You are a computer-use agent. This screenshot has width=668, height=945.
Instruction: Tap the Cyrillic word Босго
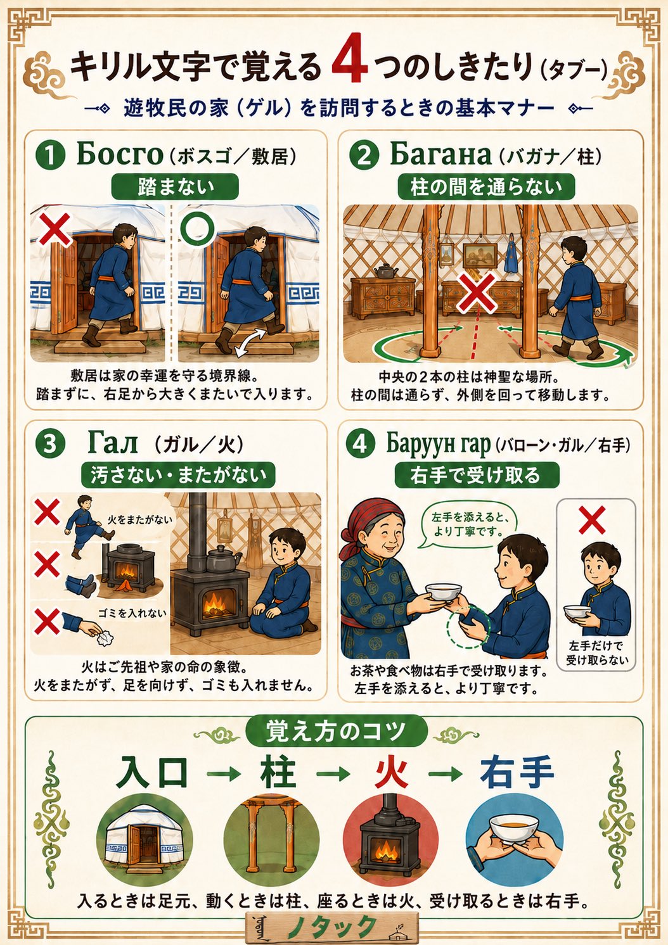pyautogui.click(x=120, y=155)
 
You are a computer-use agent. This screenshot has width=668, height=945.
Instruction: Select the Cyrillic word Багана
pyautogui.click(x=440, y=155)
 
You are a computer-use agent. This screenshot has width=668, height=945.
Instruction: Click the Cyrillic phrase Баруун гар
pyautogui.click(x=439, y=445)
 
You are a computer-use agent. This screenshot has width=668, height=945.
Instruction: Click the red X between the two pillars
pyautogui.click(x=478, y=291)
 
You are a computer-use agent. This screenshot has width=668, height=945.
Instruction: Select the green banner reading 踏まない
pyautogui.click(x=175, y=187)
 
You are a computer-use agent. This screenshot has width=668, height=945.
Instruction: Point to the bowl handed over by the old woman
pyautogui.click(x=443, y=592)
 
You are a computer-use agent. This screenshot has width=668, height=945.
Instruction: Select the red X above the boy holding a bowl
pyautogui.click(x=592, y=520)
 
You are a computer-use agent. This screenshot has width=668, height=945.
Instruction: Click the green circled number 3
pyautogui.click(x=50, y=444)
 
